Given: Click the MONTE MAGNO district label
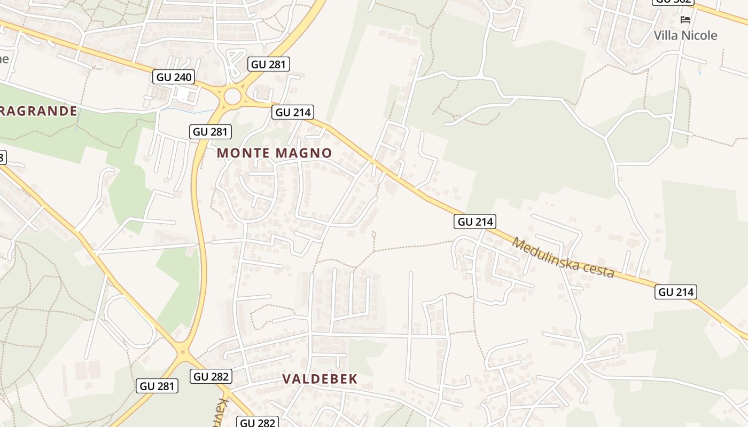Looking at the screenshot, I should (274, 153).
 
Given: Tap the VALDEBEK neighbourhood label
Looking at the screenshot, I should (320, 379).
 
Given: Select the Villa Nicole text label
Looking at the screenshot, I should (685, 35).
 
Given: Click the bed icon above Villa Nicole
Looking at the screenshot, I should (685, 20).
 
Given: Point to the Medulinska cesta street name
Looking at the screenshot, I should (563, 257).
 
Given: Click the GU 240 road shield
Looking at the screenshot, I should (174, 77).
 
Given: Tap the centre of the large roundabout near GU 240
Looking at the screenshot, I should (232, 97).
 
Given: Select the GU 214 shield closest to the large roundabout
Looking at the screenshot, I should (292, 112).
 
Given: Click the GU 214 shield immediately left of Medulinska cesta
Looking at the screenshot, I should (475, 222).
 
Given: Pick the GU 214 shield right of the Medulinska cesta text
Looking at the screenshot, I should (676, 292).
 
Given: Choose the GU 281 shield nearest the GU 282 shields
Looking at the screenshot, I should (157, 386).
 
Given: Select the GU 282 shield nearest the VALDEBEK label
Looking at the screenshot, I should (211, 376).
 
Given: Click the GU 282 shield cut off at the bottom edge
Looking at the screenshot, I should (258, 422).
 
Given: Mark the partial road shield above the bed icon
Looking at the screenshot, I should (673, 2).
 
